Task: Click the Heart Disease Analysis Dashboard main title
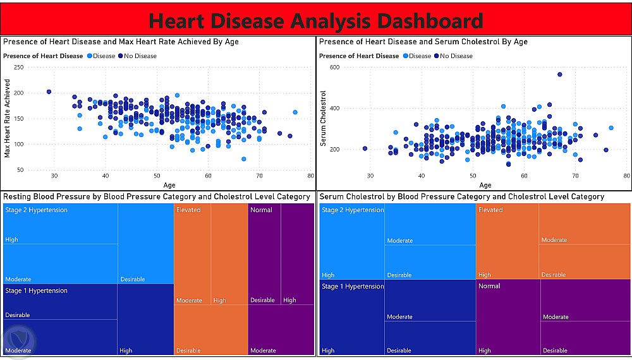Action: pos(315,21)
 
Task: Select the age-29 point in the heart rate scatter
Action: pos(49,92)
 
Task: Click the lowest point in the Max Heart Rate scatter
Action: pos(244,159)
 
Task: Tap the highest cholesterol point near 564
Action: pos(559,75)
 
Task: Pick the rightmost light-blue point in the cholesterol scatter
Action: pos(611,128)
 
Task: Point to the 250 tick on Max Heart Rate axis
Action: pos(18,67)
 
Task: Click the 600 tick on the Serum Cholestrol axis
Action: pos(334,67)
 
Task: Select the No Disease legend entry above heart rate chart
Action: pos(137,56)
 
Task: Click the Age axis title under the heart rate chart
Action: pos(169,185)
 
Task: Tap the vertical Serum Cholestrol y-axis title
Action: pos(323,118)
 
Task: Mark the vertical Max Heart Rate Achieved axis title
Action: pos(7,118)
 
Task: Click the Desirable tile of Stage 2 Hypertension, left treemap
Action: pos(145,244)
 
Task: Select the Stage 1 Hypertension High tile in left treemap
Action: pos(145,320)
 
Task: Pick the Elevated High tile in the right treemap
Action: pos(507,241)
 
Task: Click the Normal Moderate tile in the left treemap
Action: pos(281,330)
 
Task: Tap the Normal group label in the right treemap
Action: pos(489,286)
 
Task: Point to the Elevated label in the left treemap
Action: pos(188,210)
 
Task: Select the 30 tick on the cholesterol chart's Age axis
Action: pos(370,176)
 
